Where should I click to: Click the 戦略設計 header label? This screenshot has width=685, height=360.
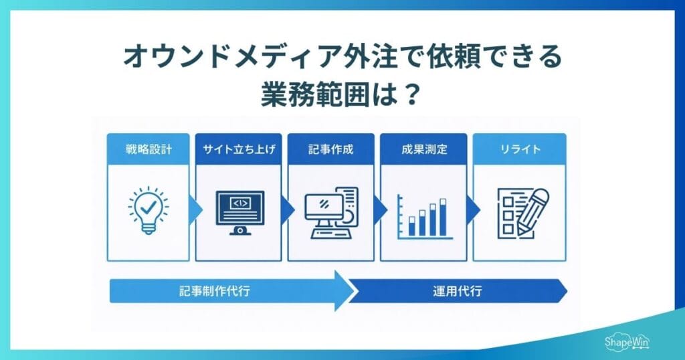(x=149, y=149)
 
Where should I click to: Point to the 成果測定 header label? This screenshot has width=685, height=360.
(x=424, y=149)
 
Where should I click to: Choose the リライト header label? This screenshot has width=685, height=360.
(x=518, y=149)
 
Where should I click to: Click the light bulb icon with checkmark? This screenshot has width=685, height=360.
(x=149, y=210)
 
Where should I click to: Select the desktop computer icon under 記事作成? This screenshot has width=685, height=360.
(x=331, y=213)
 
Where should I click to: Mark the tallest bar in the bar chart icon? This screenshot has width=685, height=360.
(x=442, y=217)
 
